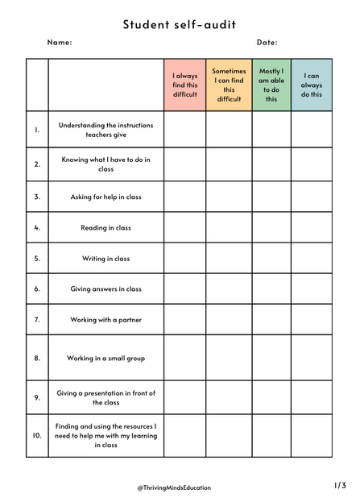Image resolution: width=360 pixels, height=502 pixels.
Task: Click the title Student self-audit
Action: coord(180,25)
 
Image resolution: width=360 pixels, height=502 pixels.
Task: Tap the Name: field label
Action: coord(60,43)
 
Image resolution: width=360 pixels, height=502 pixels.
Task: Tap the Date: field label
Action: coord(267,43)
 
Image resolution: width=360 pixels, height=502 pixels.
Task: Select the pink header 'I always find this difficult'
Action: coord(184,85)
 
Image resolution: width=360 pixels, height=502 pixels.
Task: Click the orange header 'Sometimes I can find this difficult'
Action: coord(229,85)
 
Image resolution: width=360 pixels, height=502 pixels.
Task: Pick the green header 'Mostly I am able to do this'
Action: coord(271,85)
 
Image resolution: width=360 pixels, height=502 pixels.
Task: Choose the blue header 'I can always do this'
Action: coord(312,85)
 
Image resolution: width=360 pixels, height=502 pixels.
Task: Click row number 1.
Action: coord(37,129)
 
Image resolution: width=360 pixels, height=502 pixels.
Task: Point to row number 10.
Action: coord(37,435)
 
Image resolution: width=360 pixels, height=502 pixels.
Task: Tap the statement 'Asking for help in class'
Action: coord(106,197)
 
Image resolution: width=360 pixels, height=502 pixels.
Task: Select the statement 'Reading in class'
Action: coord(106,228)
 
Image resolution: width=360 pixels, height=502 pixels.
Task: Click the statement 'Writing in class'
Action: coord(106,259)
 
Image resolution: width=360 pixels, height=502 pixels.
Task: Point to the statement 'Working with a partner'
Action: coord(106,320)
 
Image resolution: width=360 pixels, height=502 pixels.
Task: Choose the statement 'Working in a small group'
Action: coord(106,358)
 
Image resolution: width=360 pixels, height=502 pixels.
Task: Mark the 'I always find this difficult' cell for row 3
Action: coord(184,197)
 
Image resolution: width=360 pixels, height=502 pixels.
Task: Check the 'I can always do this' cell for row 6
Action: coord(312,288)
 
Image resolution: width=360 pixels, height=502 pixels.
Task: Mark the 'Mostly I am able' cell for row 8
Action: coord(271,358)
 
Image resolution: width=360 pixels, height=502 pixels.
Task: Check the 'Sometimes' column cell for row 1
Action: coord(229,129)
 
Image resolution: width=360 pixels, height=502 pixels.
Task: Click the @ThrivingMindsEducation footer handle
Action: coord(173,487)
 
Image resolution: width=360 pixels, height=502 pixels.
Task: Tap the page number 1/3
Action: coord(340,485)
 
